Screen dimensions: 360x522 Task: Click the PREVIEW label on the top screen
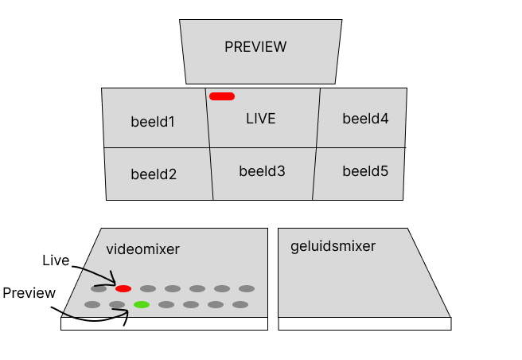(x=255, y=47)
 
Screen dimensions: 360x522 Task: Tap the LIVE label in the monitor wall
(x=261, y=119)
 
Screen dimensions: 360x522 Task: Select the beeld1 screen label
(x=153, y=122)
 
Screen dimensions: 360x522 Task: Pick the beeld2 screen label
(x=154, y=174)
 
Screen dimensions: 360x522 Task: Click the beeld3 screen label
(x=262, y=170)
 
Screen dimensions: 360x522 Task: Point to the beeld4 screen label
(x=365, y=119)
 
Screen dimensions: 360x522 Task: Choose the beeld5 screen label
(x=365, y=170)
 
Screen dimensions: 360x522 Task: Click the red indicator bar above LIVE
(x=222, y=96)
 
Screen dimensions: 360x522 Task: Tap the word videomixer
(x=143, y=249)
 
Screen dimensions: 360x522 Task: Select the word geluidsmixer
(x=333, y=246)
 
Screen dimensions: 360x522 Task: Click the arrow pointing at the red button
(x=100, y=279)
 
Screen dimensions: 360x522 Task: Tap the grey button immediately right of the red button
(x=148, y=288)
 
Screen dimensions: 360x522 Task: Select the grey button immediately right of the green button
(x=166, y=304)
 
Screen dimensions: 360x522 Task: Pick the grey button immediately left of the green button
(x=117, y=304)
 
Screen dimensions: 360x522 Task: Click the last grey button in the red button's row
(x=247, y=288)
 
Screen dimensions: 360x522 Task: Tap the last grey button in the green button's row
(x=240, y=304)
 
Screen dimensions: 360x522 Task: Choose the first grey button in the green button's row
(x=92, y=304)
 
